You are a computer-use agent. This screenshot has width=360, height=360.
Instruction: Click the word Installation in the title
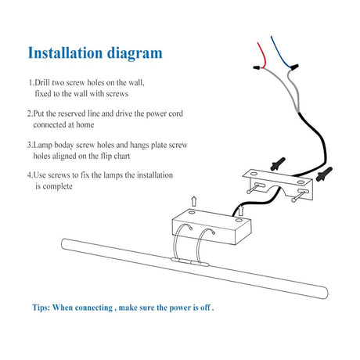[x=65, y=52]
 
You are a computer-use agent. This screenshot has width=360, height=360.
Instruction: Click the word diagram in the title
[x=135, y=54]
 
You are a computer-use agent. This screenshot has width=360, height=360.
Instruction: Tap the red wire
[x=262, y=54]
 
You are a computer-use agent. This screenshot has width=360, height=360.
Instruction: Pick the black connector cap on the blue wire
[x=294, y=67]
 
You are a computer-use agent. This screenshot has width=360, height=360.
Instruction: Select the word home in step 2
[x=85, y=124]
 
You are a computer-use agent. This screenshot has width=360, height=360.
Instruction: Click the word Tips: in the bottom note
[x=41, y=308]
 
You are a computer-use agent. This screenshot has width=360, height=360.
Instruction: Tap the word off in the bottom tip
[x=205, y=308]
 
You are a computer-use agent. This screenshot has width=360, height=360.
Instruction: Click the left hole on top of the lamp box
[x=192, y=213]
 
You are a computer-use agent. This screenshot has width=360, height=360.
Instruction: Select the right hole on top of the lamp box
[x=239, y=221]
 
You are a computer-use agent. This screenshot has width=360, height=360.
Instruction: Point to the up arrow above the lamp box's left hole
[x=193, y=202]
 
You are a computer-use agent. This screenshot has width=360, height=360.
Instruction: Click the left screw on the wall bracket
[x=255, y=188]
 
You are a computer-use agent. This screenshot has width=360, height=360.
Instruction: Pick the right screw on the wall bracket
[x=300, y=196]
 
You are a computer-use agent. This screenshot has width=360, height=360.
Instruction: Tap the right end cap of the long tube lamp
[x=324, y=293]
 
